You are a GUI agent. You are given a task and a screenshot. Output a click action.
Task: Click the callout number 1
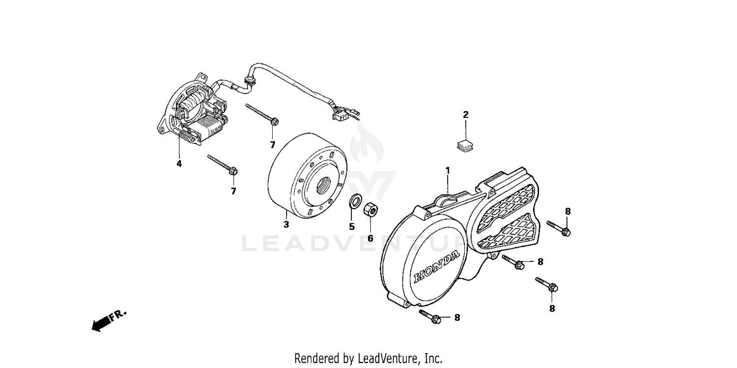[x=448, y=170]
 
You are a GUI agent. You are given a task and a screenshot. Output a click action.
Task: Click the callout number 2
[x=466, y=115]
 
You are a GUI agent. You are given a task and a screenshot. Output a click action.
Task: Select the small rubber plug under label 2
[x=464, y=144]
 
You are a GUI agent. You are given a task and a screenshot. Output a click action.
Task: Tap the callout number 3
[x=286, y=225]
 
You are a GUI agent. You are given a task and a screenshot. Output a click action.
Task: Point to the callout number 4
[x=179, y=164]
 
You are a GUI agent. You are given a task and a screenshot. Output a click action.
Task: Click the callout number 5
[x=352, y=226]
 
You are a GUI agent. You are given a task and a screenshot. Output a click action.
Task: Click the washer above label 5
[x=352, y=201]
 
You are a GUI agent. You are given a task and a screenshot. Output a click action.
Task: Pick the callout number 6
[x=370, y=238]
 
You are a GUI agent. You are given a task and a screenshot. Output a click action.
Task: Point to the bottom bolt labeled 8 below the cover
[x=431, y=316]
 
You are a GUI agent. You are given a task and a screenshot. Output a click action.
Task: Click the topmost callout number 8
[x=568, y=211]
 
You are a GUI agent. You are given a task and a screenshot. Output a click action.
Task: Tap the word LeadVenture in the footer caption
[x=384, y=358]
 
